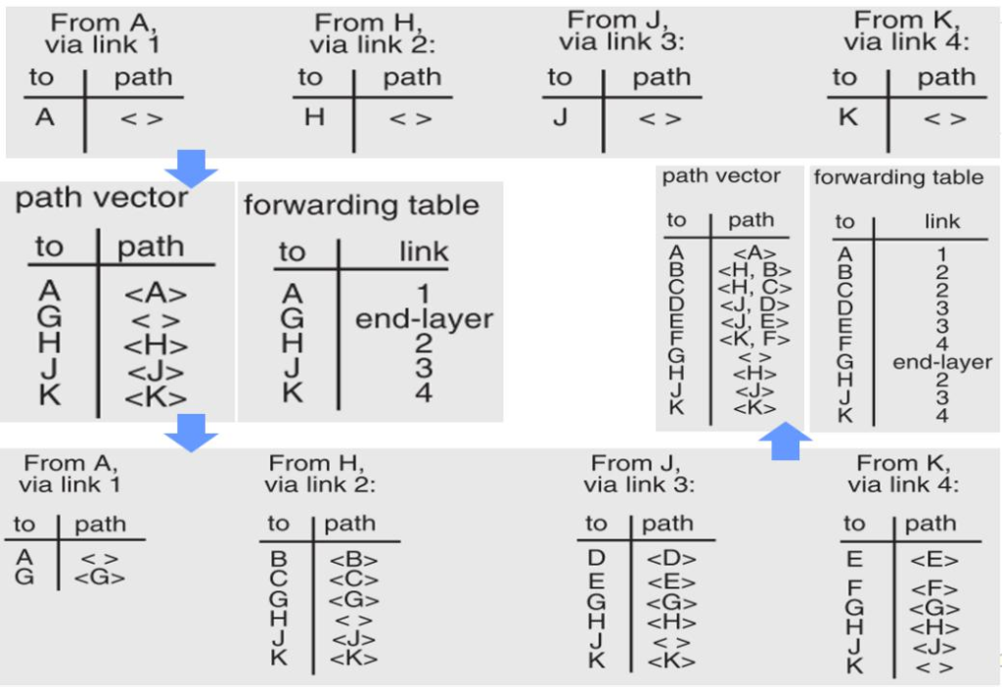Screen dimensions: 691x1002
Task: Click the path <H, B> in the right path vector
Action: pyautogui.click(x=753, y=271)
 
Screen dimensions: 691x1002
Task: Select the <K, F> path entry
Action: pyautogui.click(x=753, y=339)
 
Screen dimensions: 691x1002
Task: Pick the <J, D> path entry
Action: pyautogui.click(x=753, y=305)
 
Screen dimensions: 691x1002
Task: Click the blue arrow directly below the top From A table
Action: pyautogui.click(x=192, y=167)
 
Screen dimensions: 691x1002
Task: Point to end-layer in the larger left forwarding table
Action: pyautogui.click(x=424, y=319)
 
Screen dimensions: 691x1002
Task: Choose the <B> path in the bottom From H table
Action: pyautogui.click(x=353, y=561)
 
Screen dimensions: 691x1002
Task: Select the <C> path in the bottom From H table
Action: pyautogui.click(x=353, y=580)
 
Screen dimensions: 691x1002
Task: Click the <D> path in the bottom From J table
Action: pyautogui.click(x=671, y=560)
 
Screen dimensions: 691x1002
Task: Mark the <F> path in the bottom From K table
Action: pyautogui.click(x=934, y=589)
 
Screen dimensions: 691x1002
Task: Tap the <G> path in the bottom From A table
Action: pyautogui.click(x=100, y=577)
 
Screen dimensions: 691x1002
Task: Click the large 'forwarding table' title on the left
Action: pyautogui.click(x=361, y=205)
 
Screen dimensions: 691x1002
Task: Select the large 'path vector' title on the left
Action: pyautogui.click(x=102, y=199)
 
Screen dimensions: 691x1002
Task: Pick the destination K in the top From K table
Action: pyautogui.click(x=847, y=117)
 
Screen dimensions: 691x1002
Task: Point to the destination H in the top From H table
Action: pyautogui.click(x=313, y=117)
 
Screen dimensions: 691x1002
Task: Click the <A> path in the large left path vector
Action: pyautogui.click(x=156, y=294)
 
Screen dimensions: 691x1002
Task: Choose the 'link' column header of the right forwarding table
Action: pyautogui.click(x=942, y=222)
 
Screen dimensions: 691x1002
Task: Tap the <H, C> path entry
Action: pyautogui.click(x=753, y=288)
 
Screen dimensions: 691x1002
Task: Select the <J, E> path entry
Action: pyautogui.click(x=753, y=322)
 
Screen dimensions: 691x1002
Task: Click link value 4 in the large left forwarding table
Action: pyautogui.click(x=423, y=393)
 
